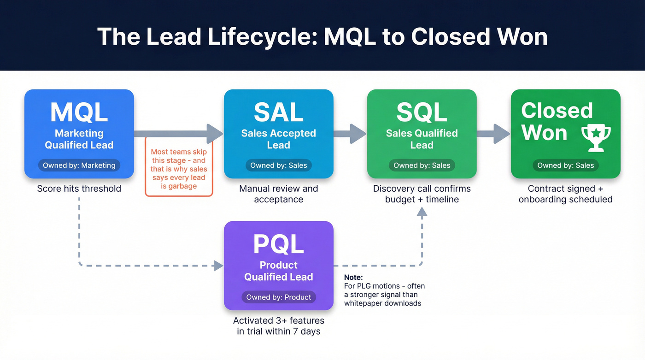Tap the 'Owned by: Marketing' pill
point(79,165)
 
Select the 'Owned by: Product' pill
point(279,297)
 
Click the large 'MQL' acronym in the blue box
point(79,112)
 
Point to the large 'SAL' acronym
point(279,112)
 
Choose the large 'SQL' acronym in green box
point(422,112)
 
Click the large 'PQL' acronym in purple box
point(279,244)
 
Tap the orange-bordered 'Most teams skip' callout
point(179,169)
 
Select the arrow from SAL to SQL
point(350,134)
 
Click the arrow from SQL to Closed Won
point(494,134)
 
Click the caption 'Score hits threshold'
point(79,189)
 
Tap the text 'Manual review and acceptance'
point(279,194)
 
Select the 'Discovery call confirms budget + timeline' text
point(422,194)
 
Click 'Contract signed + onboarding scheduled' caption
point(565,194)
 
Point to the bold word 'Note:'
point(353,277)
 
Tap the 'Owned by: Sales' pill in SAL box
point(279,165)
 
